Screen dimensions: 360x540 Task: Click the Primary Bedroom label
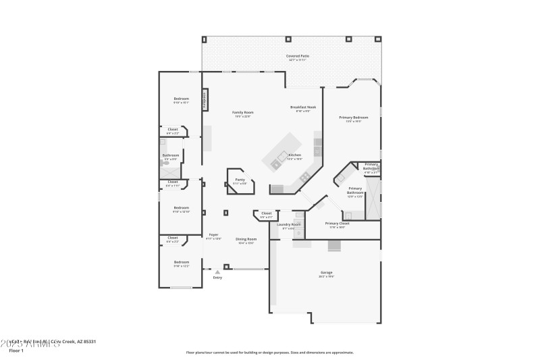[353, 118]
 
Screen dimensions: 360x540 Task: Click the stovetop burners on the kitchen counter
[305, 176]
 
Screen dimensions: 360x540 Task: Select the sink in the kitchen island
[276, 163]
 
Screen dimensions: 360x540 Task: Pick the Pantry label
[240, 180]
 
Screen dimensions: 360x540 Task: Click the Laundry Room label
[283, 224]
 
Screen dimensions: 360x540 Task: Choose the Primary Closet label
[337, 224]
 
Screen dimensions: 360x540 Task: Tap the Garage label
[326, 273]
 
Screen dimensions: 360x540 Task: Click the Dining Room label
[246, 239]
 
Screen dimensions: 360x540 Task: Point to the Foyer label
[213, 235]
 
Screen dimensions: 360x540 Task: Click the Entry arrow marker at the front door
[217, 272]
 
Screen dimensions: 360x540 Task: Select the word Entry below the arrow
[217, 278]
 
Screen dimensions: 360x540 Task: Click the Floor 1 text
[16, 351]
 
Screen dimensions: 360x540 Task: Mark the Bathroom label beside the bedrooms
[171, 155]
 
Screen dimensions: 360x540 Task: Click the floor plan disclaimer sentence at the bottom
[269, 352]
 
